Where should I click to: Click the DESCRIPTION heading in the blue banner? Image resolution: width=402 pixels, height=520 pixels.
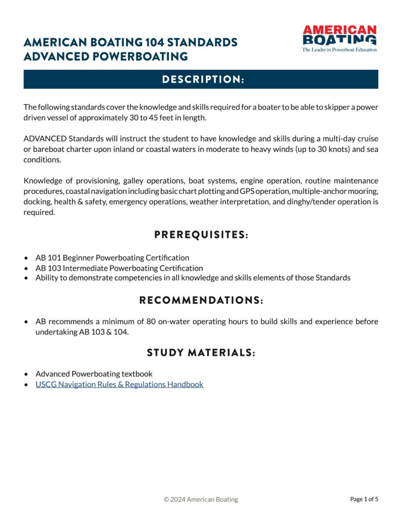point(201,79)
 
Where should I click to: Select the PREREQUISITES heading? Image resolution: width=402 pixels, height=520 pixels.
point(201,235)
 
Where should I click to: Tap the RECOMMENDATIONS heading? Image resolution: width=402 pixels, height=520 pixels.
point(201,301)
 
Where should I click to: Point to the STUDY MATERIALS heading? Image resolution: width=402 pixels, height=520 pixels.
point(201,352)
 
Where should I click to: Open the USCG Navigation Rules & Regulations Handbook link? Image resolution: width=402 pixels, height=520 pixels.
point(119,384)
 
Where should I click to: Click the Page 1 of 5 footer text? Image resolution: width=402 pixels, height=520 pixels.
point(364,499)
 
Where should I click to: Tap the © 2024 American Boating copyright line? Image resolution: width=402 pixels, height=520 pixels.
point(201,499)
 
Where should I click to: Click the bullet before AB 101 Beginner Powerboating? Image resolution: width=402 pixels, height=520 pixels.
point(26,258)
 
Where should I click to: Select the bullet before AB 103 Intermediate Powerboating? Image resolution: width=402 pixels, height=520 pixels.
point(26,268)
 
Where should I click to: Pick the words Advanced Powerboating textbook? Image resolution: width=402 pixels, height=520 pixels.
point(94,374)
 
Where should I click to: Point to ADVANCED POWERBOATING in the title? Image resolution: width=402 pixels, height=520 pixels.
point(106,56)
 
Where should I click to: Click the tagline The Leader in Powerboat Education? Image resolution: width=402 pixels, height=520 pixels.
point(339,50)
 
